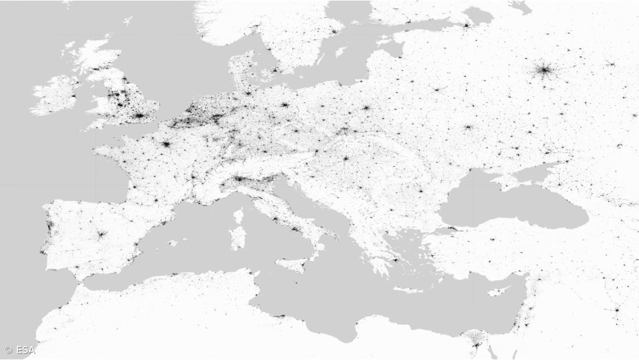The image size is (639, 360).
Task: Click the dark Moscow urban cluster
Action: click(544, 71)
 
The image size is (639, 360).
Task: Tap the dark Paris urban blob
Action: click(166, 143)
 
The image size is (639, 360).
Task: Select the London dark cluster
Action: click(139, 116)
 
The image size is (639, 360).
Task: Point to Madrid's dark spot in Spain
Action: click(102, 235)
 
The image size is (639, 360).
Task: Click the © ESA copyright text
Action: click(20, 350)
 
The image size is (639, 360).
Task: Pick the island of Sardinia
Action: click(238, 237)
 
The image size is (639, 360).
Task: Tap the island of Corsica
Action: click(238, 216)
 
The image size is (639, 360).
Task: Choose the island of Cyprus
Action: click(498, 290)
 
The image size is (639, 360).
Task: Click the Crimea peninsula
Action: click(511, 181)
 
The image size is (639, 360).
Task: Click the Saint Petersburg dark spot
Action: click(466, 25)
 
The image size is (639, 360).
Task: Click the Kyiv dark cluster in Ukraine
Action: click(468, 127)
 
